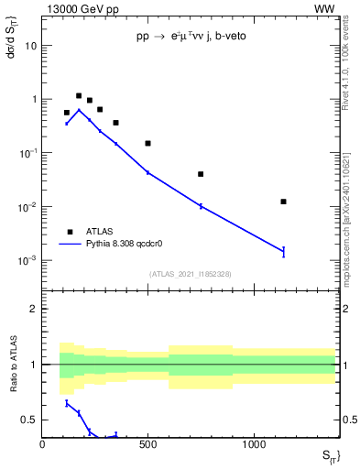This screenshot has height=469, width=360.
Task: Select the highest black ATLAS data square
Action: point(79,95)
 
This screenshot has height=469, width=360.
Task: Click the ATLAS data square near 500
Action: point(147,143)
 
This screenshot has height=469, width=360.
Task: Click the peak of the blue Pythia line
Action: point(79,110)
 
